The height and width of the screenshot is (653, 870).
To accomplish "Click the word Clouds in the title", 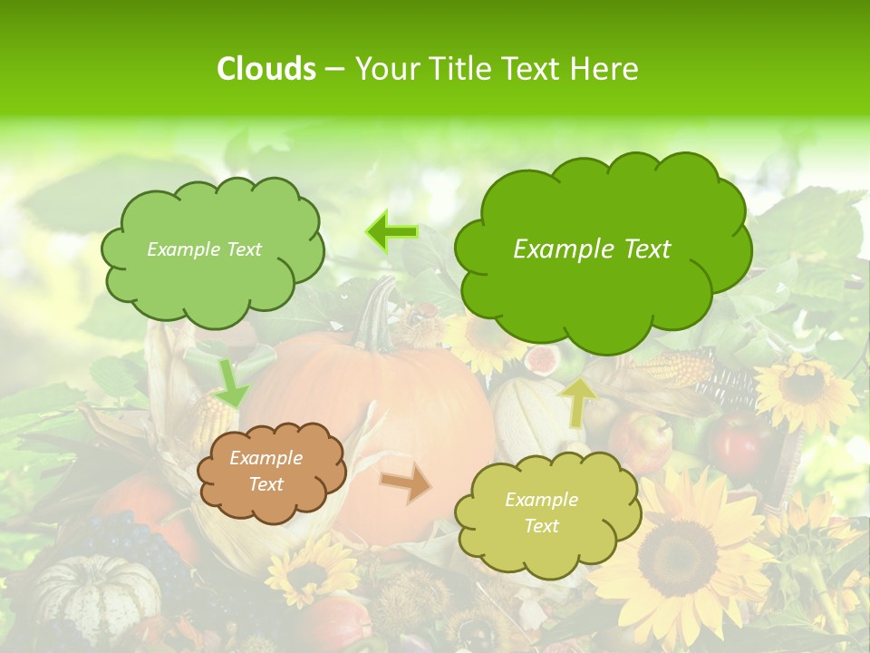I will click(x=266, y=69).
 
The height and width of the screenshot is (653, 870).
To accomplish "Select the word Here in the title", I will click(x=604, y=69).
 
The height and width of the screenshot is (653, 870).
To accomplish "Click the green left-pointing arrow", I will click(x=391, y=232).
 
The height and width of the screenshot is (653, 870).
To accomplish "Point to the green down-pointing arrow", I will click(x=231, y=384).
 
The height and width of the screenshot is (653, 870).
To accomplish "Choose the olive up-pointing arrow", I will click(x=576, y=403).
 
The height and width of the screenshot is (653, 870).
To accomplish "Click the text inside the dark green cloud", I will click(x=592, y=249).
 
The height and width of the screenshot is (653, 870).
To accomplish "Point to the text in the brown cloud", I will click(x=266, y=472).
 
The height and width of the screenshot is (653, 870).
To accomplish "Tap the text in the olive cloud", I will click(x=541, y=512).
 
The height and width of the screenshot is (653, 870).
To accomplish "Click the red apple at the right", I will click(x=739, y=440).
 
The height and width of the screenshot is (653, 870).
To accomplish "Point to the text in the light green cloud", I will click(x=204, y=249).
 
